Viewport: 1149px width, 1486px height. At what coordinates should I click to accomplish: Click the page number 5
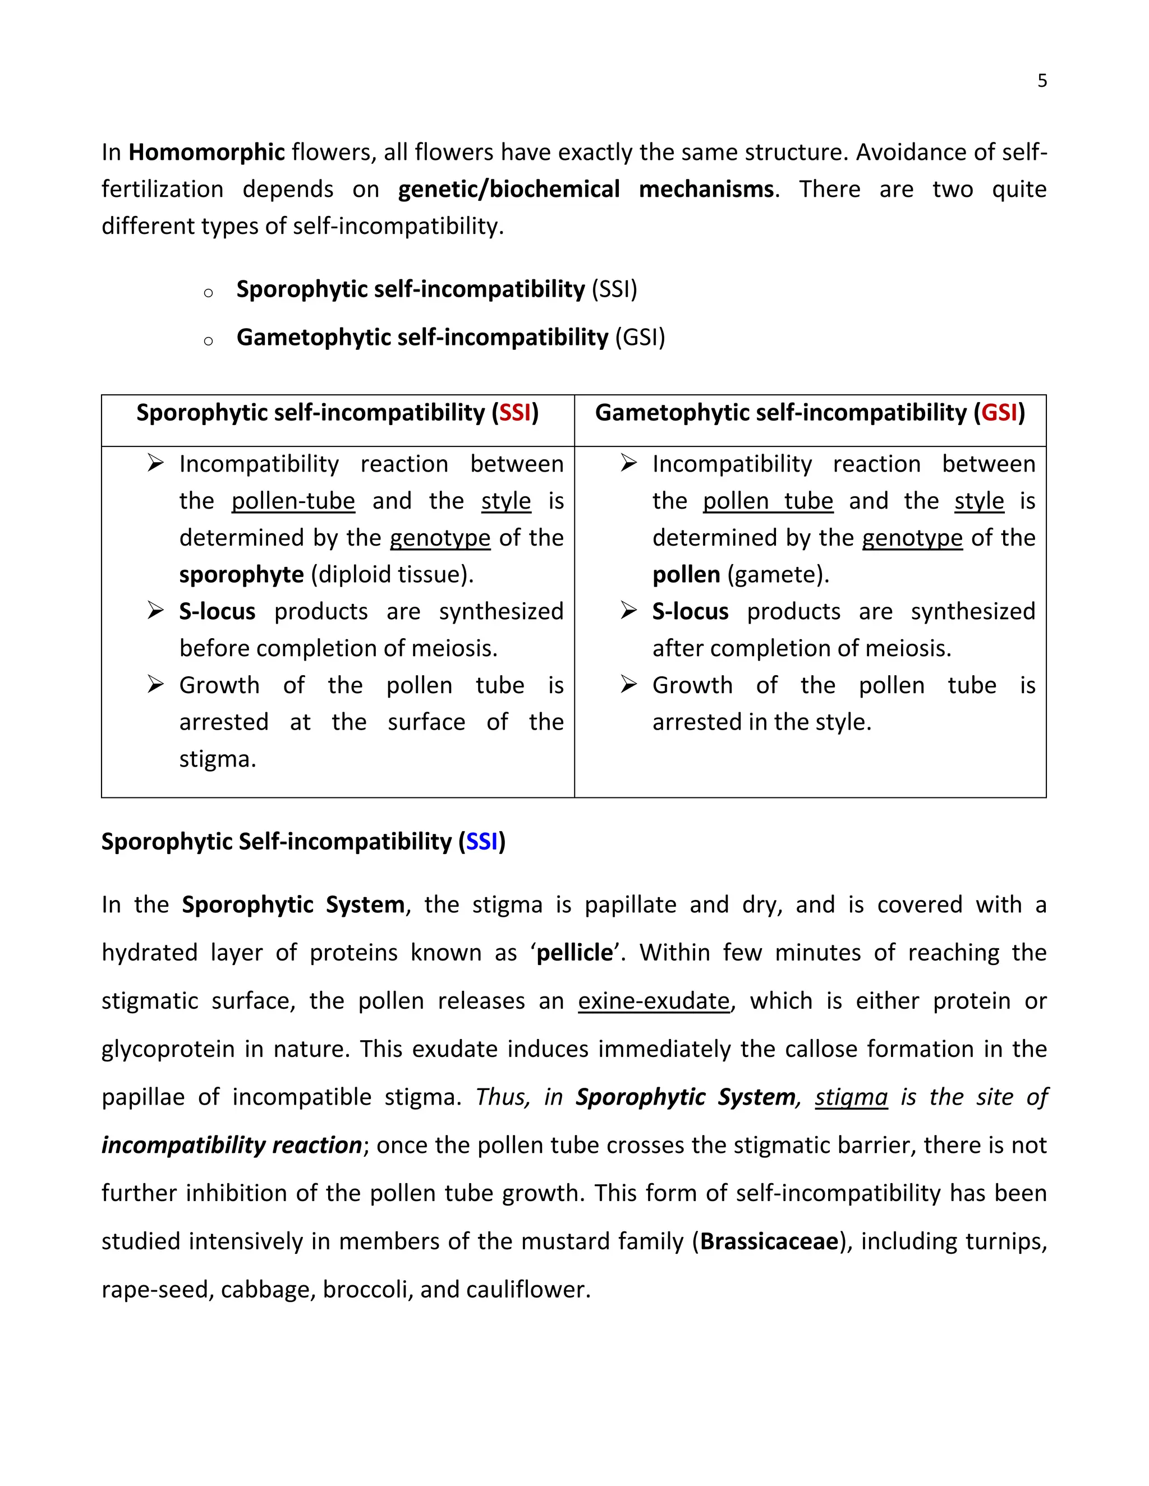pyautogui.click(x=1041, y=81)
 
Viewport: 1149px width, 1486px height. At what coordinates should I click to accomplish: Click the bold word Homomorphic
pyautogui.click(x=206, y=152)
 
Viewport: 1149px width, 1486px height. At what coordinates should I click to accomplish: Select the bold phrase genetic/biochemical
pyautogui.click(x=508, y=189)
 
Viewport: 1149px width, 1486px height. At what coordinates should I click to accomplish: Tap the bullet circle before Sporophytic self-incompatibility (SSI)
pyautogui.click(x=208, y=293)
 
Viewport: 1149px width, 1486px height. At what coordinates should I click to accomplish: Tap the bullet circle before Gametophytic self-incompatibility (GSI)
pyautogui.click(x=208, y=341)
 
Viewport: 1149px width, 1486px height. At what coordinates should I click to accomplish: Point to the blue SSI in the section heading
pyautogui.click(x=482, y=842)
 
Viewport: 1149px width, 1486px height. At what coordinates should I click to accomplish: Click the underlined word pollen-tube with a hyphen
pyautogui.click(x=293, y=501)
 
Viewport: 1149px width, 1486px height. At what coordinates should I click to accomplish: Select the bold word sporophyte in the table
pyautogui.click(x=241, y=575)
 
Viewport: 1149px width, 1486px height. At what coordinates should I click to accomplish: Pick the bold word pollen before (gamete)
pyautogui.click(x=686, y=575)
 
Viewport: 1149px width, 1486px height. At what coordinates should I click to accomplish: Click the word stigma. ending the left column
pyautogui.click(x=217, y=759)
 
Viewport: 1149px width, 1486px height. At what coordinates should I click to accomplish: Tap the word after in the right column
pyautogui.click(x=677, y=648)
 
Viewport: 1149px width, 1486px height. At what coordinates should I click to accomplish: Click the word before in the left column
pyautogui.click(x=214, y=648)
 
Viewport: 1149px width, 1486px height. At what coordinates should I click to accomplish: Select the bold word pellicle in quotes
pyautogui.click(x=574, y=953)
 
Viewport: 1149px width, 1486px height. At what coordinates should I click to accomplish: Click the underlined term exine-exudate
pyautogui.click(x=654, y=1001)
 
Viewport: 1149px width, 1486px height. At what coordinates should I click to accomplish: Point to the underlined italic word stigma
pyautogui.click(x=851, y=1097)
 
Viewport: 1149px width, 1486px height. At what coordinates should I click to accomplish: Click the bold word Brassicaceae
pyautogui.click(x=769, y=1241)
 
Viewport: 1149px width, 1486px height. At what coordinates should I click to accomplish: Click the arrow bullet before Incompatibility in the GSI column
pyautogui.click(x=628, y=464)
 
